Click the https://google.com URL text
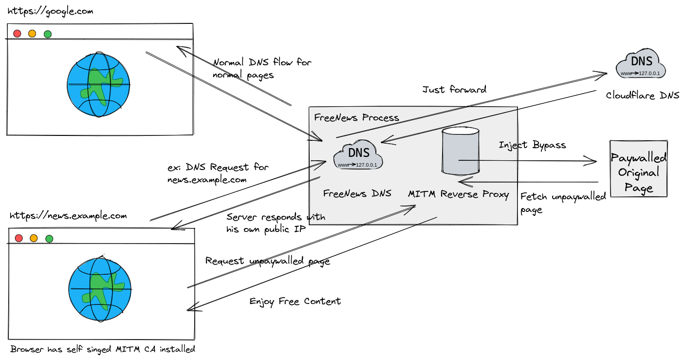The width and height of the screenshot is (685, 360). (x=50, y=11)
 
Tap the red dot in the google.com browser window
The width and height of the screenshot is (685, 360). (x=17, y=34)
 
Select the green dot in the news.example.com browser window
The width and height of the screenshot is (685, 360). (x=49, y=239)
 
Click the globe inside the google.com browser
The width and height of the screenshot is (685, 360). (x=99, y=85)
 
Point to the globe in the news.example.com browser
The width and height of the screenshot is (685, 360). (x=100, y=289)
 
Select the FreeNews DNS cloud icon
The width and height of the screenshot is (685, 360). (x=358, y=156)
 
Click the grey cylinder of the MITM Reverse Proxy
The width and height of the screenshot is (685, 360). (x=460, y=151)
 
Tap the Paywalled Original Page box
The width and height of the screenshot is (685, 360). (x=639, y=169)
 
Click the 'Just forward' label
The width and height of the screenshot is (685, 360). (x=454, y=90)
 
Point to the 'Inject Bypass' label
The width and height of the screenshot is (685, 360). (x=532, y=145)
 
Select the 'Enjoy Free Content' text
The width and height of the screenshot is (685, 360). (x=295, y=301)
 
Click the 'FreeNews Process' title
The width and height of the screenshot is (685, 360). (x=356, y=117)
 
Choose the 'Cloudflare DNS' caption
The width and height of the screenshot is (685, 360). (x=642, y=95)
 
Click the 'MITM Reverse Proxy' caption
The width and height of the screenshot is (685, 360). (x=458, y=194)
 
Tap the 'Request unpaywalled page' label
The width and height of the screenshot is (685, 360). (x=267, y=261)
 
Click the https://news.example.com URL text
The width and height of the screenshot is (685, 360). (x=68, y=216)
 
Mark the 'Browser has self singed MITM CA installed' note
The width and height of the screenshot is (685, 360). (x=103, y=349)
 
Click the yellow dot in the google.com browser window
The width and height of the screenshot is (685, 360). (x=32, y=34)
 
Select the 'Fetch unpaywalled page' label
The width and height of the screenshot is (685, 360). (x=563, y=202)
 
